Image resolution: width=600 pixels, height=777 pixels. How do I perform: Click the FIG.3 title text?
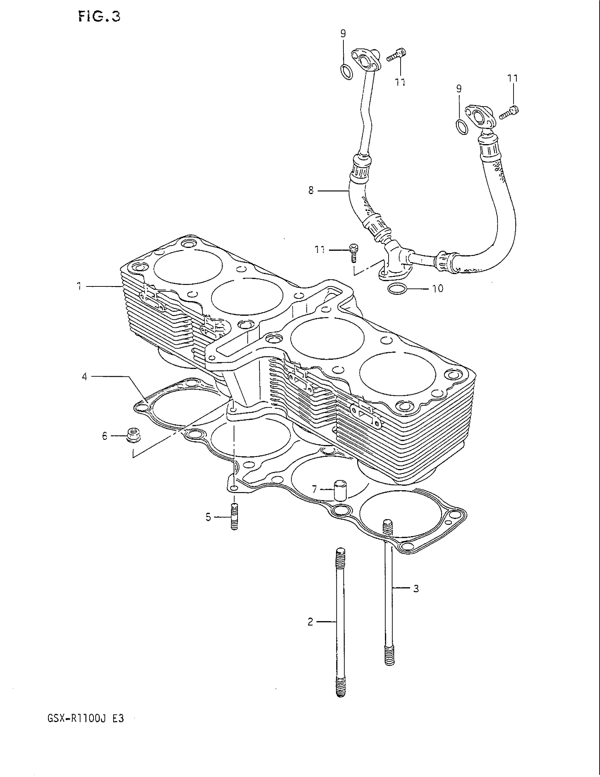pos(99,17)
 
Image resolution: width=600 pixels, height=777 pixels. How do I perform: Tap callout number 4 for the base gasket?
pos(85,376)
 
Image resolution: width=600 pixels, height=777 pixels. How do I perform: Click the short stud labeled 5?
pos(234,517)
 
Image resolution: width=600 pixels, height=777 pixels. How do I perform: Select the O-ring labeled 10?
pos(397,290)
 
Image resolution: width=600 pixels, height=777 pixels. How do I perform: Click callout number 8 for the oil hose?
pos(311,191)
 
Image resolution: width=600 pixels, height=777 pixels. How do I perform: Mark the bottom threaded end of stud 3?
pos(390,657)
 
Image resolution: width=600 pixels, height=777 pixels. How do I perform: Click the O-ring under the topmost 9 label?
pos(347,72)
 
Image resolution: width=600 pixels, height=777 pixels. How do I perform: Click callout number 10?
pos(438,289)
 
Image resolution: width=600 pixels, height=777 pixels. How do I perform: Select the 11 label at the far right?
pos(512,78)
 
